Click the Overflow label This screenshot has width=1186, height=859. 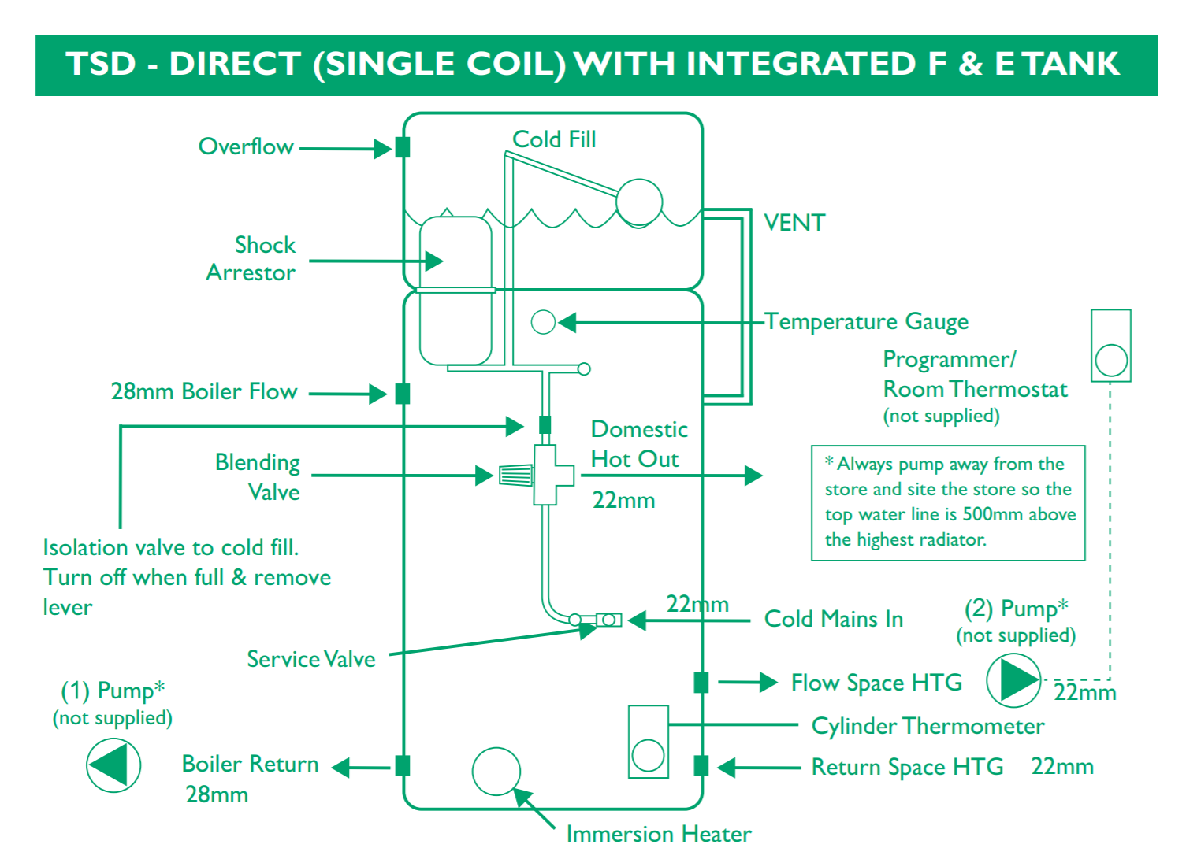(x=246, y=146)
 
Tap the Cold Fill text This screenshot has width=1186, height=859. (x=554, y=139)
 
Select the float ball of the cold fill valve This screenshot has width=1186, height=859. (x=639, y=202)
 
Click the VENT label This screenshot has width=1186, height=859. (x=794, y=223)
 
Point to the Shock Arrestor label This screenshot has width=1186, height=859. (x=251, y=258)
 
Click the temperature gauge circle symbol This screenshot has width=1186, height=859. (x=543, y=322)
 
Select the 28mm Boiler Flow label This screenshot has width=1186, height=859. (x=204, y=391)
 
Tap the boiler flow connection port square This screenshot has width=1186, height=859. (x=403, y=394)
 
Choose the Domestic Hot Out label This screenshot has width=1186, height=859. (x=638, y=444)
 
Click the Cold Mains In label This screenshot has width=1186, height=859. (x=834, y=619)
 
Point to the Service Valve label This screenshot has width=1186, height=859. (x=311, y=659)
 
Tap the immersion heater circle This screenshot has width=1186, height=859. (x=496, y=772)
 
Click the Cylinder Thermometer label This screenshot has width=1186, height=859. (x=928, y=726)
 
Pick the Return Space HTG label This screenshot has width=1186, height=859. (x=907, y=767)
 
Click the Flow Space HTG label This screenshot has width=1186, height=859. (x=876, y=683)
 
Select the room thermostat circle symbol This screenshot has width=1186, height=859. (x=1111, y=361)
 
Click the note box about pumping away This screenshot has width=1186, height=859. (x=948, y=502)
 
